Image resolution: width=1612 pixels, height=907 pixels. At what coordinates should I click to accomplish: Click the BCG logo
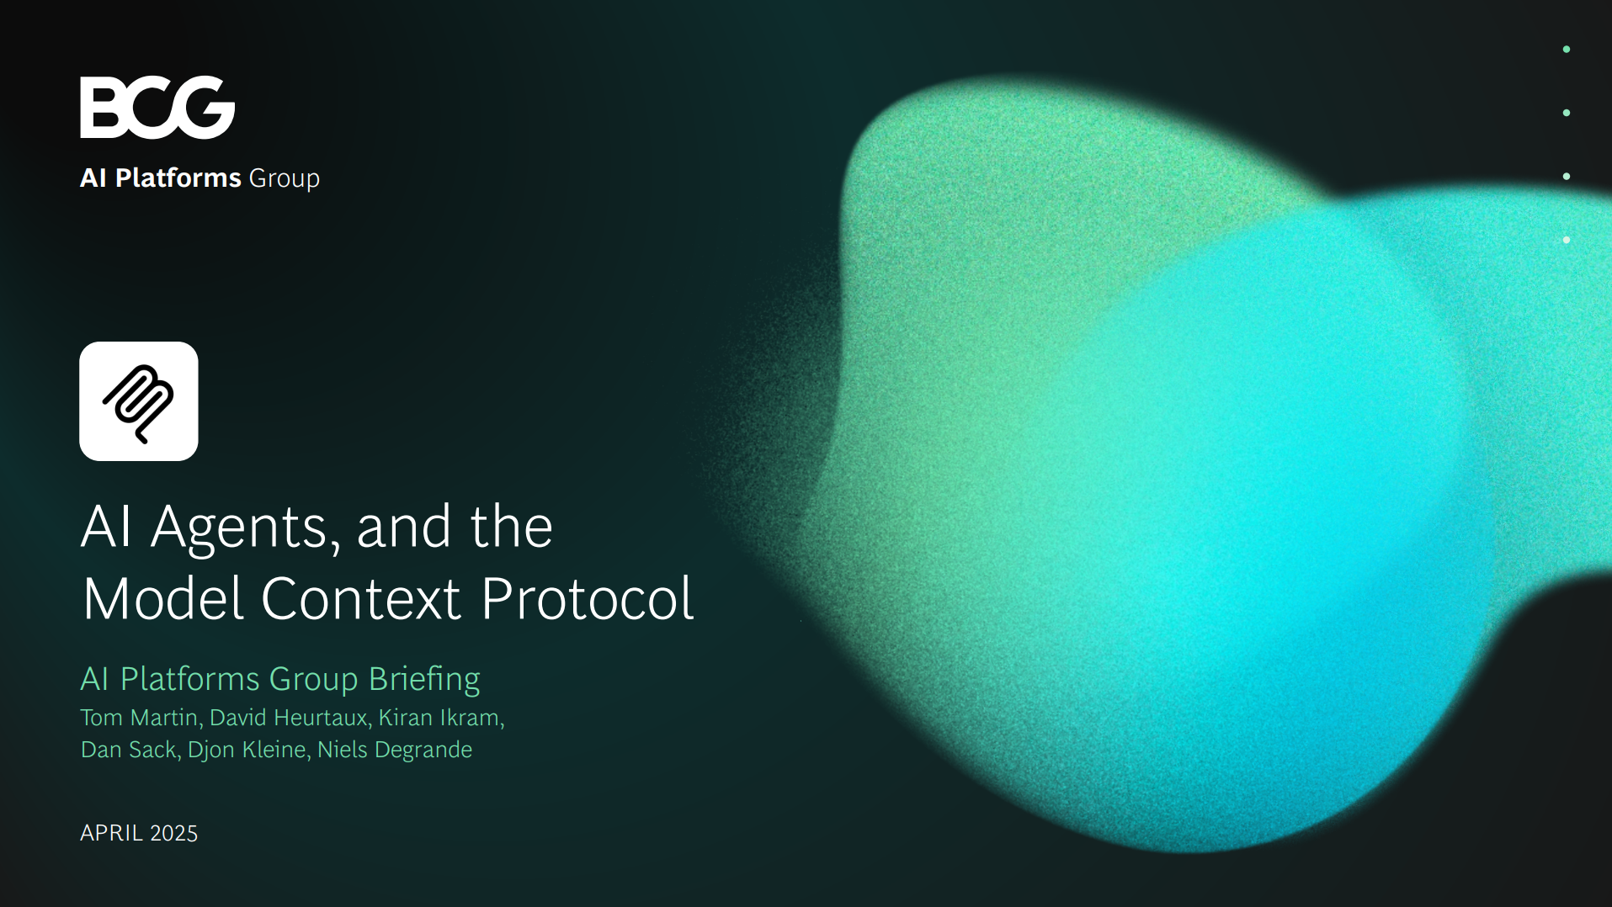157,107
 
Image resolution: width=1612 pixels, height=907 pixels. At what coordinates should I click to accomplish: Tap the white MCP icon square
139,401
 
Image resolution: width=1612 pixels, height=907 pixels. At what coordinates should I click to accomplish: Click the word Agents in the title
245,528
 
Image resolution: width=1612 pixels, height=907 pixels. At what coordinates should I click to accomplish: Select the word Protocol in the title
587,599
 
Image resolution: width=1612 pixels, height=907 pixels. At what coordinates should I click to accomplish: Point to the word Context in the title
361,599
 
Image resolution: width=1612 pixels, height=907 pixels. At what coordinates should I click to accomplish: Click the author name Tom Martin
140,718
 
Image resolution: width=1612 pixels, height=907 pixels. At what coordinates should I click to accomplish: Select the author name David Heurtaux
288,718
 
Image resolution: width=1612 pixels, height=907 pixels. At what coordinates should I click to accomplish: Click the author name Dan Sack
129,750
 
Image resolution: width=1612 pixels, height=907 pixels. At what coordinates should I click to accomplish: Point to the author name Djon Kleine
247,750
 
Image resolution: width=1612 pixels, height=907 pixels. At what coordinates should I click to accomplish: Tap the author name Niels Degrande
394,750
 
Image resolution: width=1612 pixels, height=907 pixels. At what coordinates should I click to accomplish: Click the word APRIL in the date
111,833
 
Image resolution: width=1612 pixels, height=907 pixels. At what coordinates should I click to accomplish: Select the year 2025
173,833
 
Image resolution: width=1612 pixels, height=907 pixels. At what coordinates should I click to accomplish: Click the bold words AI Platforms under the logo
161,178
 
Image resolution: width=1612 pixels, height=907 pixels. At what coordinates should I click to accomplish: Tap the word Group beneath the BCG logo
285,179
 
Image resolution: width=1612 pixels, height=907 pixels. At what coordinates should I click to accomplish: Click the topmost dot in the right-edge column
1567,50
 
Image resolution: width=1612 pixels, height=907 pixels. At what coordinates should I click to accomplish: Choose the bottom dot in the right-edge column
1567,240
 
